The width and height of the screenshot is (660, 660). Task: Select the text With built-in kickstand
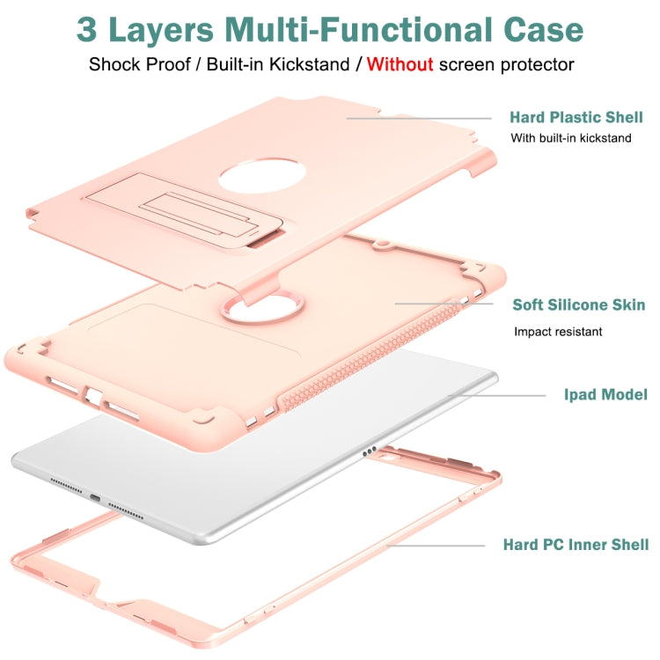point(571,138)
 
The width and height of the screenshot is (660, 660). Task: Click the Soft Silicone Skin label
point(578,305)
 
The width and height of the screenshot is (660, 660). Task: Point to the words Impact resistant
point(558,332)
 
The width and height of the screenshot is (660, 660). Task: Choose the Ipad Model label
point(605,395)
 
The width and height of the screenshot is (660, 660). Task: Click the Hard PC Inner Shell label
point(576,545)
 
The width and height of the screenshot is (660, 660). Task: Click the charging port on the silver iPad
point(93,497)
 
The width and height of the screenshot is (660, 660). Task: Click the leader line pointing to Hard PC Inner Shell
point(436,546)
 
